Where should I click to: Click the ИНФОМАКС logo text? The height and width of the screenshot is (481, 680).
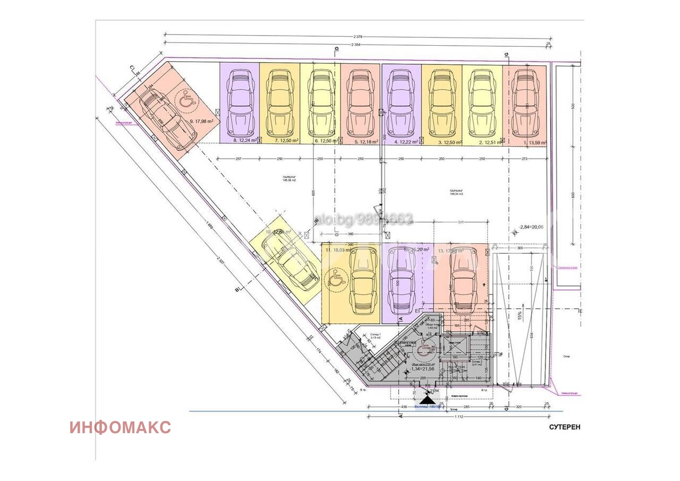point(120,427)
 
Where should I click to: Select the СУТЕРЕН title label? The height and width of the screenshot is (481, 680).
point(565,427)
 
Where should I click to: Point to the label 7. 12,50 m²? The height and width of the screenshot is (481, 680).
point(286,140)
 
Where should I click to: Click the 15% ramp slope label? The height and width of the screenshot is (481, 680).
point(520,314)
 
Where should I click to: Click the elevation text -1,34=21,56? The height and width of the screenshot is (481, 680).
point(422,369)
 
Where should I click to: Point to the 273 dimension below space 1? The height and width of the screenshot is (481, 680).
point(525,159)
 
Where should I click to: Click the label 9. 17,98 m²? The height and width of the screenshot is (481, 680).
point(201,121)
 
